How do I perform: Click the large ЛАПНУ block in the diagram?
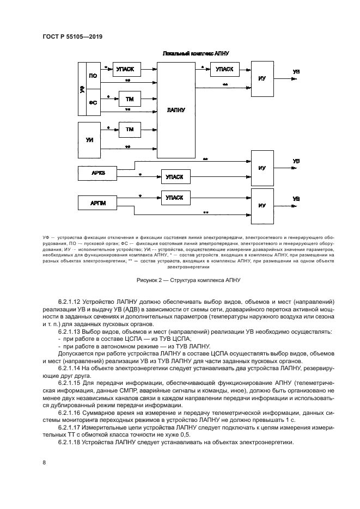(176, 109)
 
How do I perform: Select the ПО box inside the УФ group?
(93, 76)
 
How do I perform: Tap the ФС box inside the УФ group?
(93, 102)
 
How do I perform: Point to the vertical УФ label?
(82, 89)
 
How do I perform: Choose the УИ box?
(90, 139)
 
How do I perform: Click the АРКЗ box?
(99, 174)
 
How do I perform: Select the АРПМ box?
(99, 204)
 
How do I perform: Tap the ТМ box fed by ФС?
(130, 99)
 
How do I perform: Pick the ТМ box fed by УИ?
(130, 130)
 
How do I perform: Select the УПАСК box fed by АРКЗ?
(175, 177)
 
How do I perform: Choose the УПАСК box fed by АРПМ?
(175, 197)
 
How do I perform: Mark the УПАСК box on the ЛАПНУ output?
(224, 69)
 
